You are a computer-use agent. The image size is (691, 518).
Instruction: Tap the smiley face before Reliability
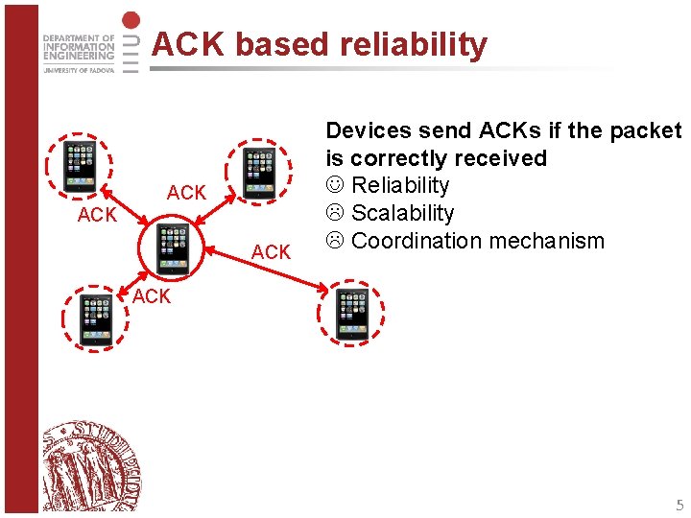[x=335, y=185]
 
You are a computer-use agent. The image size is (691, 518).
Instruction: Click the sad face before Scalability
[x=335, y=213]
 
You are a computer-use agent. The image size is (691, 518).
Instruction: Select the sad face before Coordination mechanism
[x=335, y=241]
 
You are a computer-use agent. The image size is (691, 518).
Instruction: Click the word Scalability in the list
[x=402, y=213]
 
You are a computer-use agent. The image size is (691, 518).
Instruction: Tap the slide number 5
[x=679, y=505]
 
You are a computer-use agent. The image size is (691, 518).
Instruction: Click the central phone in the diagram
[x=173, y=247]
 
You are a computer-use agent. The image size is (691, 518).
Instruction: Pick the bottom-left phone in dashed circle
[x=95, y=318]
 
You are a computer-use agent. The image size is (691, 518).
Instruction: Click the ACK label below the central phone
[x=152, y=296]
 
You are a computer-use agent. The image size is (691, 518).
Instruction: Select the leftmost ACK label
[x=97, y=215]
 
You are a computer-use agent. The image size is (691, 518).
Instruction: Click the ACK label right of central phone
[x=271, y=252]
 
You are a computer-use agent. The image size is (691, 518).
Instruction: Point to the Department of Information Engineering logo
[x=79, y=55]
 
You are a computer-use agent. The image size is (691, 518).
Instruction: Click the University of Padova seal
[x=90, y=464]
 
